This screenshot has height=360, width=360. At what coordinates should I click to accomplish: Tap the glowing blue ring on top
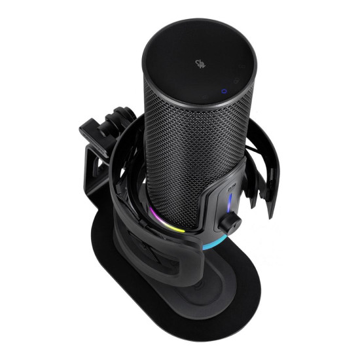pos(224,92)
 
